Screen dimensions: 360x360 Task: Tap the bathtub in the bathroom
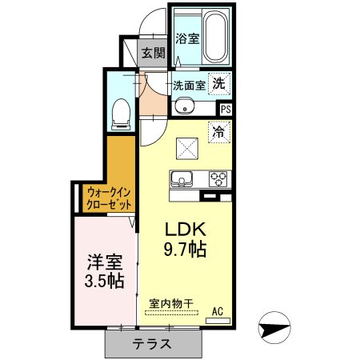click(214, 37)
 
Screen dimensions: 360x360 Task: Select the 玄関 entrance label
click(154, 54)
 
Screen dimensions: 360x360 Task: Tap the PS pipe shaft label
click(226, 110)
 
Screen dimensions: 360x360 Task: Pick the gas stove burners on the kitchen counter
click(218, 178)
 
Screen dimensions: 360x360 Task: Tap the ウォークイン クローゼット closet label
click(110, 198)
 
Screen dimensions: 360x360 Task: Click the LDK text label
click(185, 228)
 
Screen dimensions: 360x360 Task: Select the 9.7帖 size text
click(185, 249)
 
